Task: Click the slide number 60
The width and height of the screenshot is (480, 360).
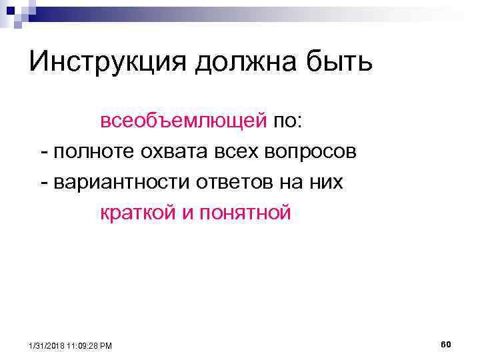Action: [446, 344]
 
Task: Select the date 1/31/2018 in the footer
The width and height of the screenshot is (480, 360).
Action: [47, 345]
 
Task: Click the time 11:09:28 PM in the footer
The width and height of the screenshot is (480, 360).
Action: [89, 345]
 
